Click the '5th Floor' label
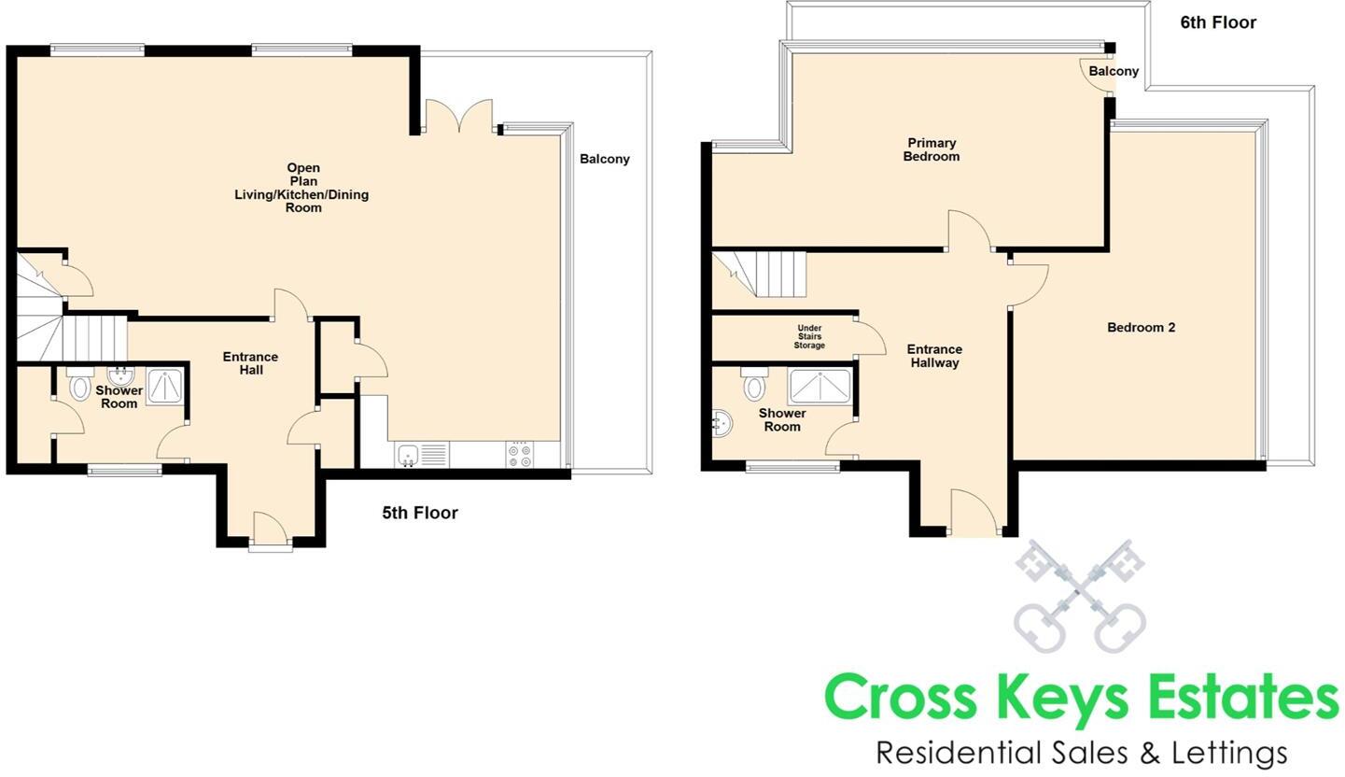419,513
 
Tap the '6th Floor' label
1217,22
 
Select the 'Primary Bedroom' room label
931,149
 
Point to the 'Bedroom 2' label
1141,328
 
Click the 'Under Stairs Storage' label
809,337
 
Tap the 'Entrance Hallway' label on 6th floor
933,356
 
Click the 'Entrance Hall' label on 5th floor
250,363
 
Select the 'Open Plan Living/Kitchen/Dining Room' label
302,189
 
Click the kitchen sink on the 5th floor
408,456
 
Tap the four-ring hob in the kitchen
520,455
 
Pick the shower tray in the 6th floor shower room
820,387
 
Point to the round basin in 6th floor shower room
722,424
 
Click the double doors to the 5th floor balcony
458,117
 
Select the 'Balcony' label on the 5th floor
604,159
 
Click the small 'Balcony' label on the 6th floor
1113,71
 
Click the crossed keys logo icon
1079,596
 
